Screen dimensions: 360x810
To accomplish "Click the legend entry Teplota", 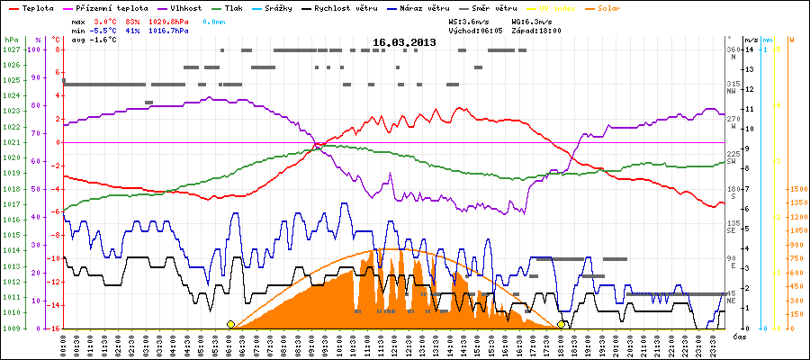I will point(36,7).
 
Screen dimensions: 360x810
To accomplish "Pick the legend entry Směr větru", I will point(492,7).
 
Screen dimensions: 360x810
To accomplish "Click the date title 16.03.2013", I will point(404,41).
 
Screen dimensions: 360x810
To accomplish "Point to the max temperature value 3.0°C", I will point(106,20).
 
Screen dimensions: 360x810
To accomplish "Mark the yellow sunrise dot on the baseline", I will point(230,324).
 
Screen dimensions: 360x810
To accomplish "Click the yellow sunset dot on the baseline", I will point(562,324).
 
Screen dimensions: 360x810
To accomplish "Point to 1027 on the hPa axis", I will point(10,49).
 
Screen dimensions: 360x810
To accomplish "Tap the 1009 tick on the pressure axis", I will point(10,328).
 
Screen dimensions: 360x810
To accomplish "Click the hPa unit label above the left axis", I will point(11,40).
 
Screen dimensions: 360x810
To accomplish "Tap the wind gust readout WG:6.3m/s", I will point(536,20).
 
